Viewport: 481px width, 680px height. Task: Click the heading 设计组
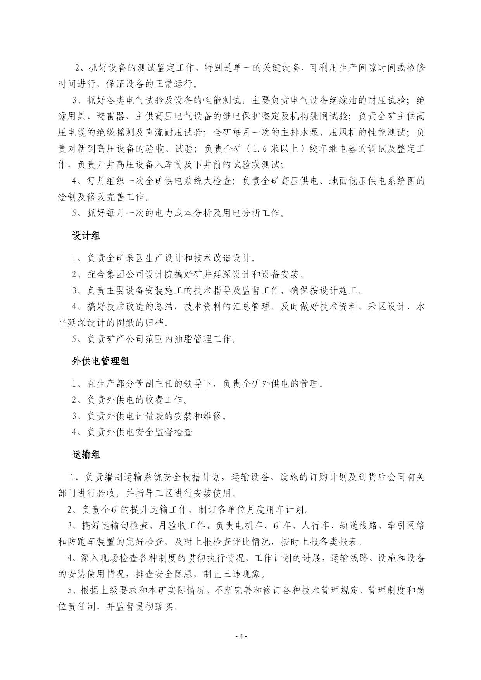click(x=86, y=236)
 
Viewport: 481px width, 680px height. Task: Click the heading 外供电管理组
click(x=100, y=361)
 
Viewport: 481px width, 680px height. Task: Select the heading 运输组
click(x=86, y=455)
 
